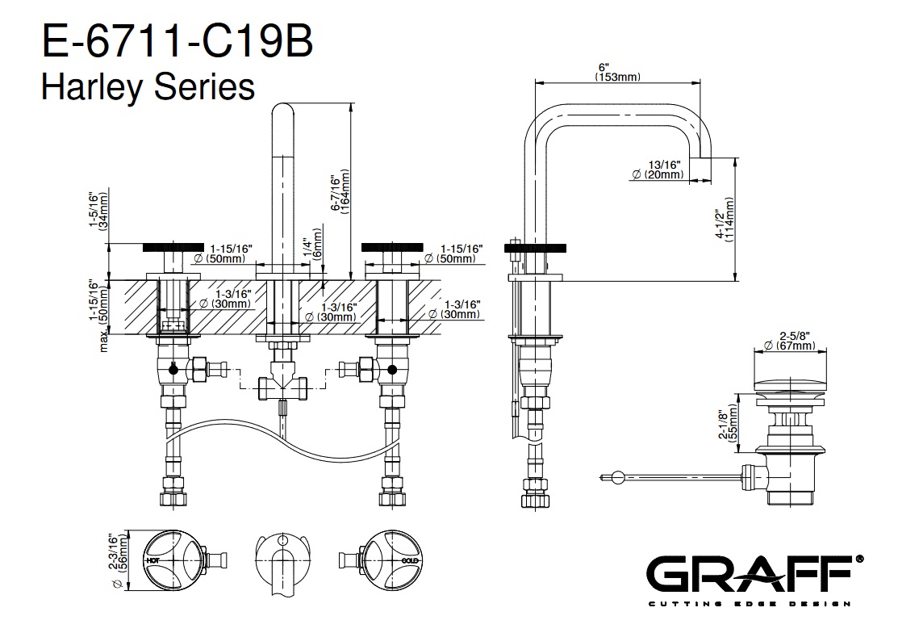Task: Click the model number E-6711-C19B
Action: coord(177,43)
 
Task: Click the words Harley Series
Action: coord(148,86)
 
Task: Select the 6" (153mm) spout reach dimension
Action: coord(617,72)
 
